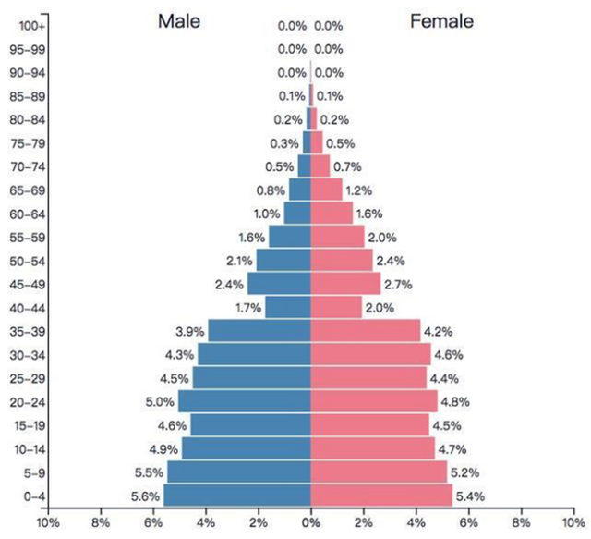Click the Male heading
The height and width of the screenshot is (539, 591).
click(x=178, y=21)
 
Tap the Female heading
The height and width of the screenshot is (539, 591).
click(x=441, y=21)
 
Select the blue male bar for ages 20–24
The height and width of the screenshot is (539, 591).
click(x=244, y=401)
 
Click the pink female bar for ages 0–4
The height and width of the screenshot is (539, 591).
click(x=381, y=496)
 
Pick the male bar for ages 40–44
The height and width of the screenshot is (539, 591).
click(x=287, y=307)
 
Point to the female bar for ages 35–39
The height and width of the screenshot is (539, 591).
click(x=365, y=331)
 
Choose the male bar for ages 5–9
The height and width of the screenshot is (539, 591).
click(x=238, y=472)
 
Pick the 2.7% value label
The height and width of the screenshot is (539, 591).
click(x=400, y=284)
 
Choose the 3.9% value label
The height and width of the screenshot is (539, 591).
click(x=190, y=331)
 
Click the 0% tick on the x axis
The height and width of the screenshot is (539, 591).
click(x=311, y=522)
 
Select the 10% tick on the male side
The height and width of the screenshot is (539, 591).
click(x=48, y=522)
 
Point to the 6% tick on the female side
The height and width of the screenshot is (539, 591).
click(x=469, y=522)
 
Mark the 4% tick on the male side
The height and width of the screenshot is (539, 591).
click(x=206, y=522)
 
